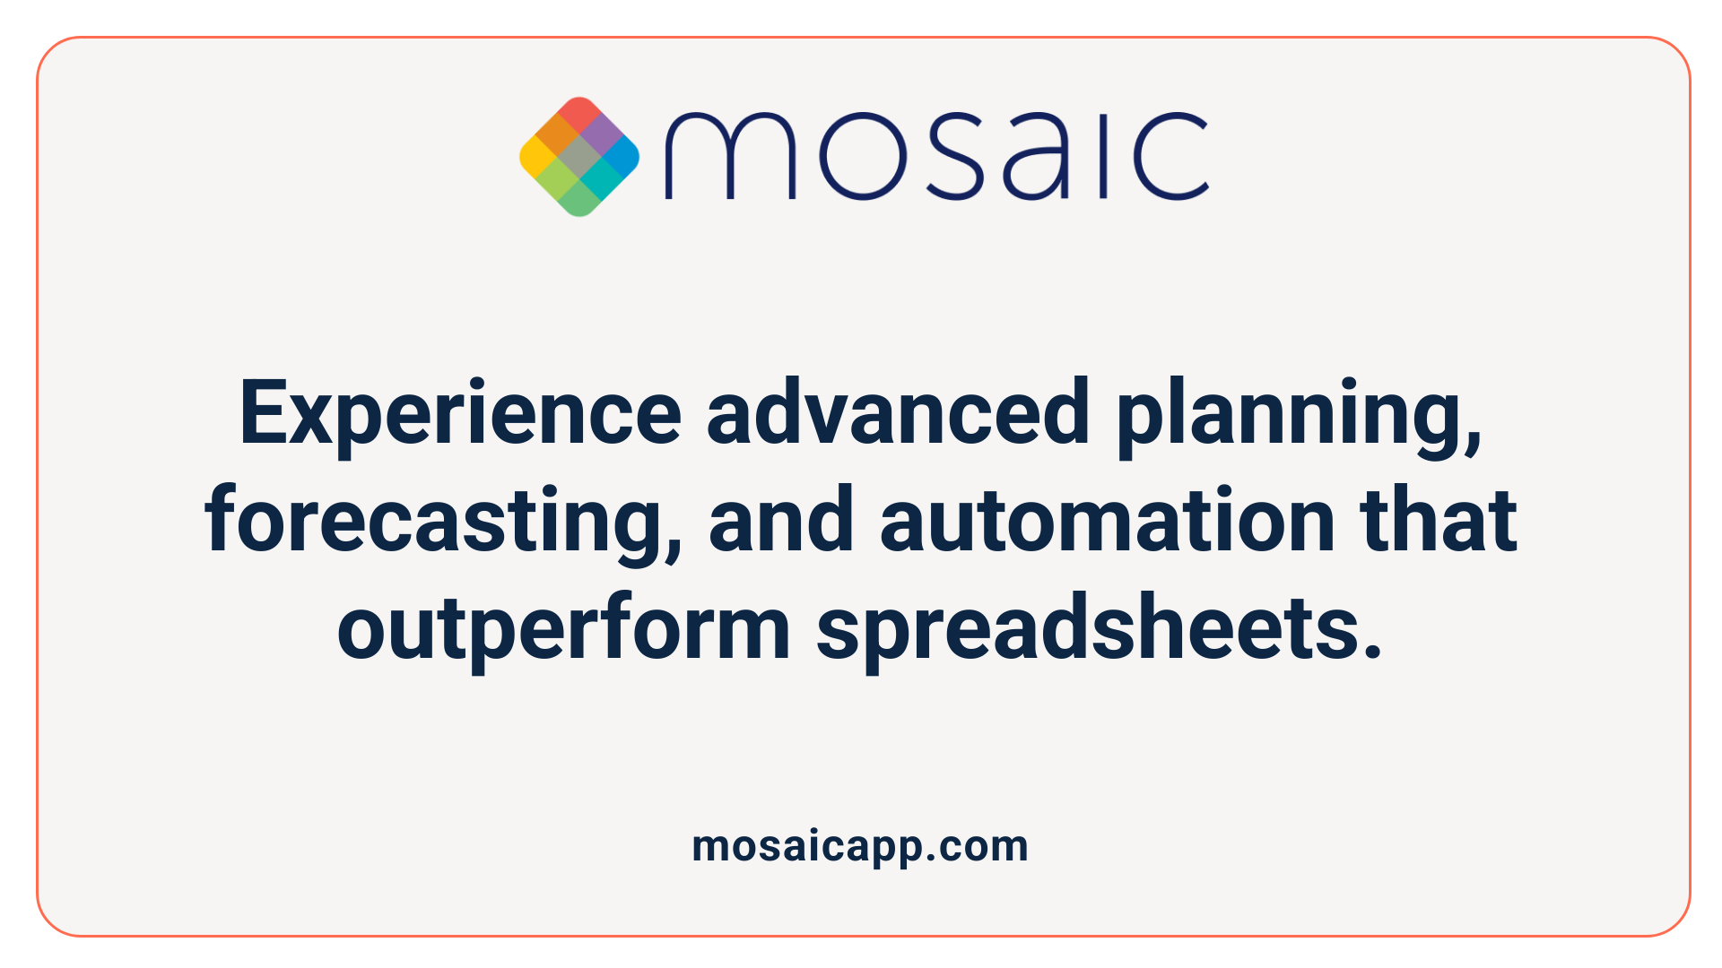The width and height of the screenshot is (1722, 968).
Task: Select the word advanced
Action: (x=898, y=412)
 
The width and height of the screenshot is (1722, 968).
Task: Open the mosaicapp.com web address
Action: (x=860, y=846)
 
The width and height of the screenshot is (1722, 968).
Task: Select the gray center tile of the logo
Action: (x=579, y=157)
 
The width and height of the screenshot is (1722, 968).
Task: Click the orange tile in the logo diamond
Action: (x=558, y=135)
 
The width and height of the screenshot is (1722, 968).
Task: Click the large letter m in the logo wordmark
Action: (x=729, y=156)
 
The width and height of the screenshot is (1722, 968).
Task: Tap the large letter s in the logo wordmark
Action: (x=957, y=156)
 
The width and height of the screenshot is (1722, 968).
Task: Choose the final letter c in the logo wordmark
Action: (x=1170, y=156)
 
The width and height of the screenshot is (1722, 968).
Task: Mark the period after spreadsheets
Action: (x=1371, y=650)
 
